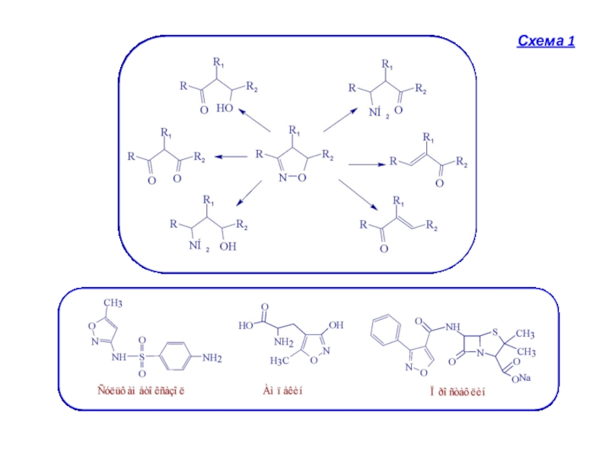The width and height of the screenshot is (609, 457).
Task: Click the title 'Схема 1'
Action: pos(545,40)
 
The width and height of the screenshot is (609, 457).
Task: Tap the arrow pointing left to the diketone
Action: pos(231,157)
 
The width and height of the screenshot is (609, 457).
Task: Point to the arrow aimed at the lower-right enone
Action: pos(358,193)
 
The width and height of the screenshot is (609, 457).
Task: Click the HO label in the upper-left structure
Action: pos(225,109)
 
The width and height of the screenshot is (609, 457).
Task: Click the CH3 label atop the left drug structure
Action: pos(113,303)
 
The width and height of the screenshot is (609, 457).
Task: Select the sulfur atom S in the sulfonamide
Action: pos(142,356)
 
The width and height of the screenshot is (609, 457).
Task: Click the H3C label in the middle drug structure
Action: pos(277,360)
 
